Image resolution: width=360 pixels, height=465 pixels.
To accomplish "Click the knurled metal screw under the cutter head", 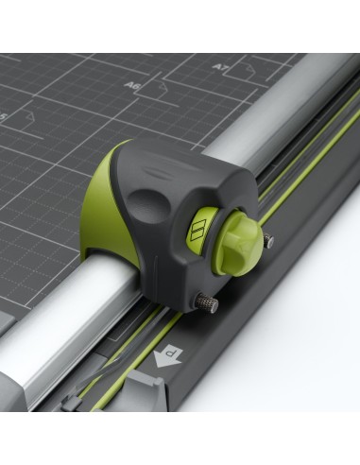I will tap(207, 303).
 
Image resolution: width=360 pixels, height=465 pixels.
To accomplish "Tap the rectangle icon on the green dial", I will tap(197, 230).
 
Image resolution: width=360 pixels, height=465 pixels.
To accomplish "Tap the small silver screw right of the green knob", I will tap(269, 242).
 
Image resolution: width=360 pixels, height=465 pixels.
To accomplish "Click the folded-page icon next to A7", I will tap(244, 68).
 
